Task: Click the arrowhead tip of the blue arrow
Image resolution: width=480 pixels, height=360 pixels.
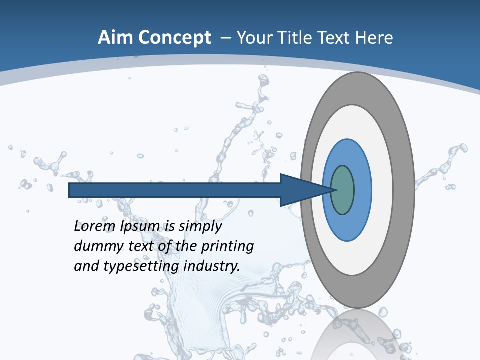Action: [334, 190]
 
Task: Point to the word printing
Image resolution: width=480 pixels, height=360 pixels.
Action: [227, 247]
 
